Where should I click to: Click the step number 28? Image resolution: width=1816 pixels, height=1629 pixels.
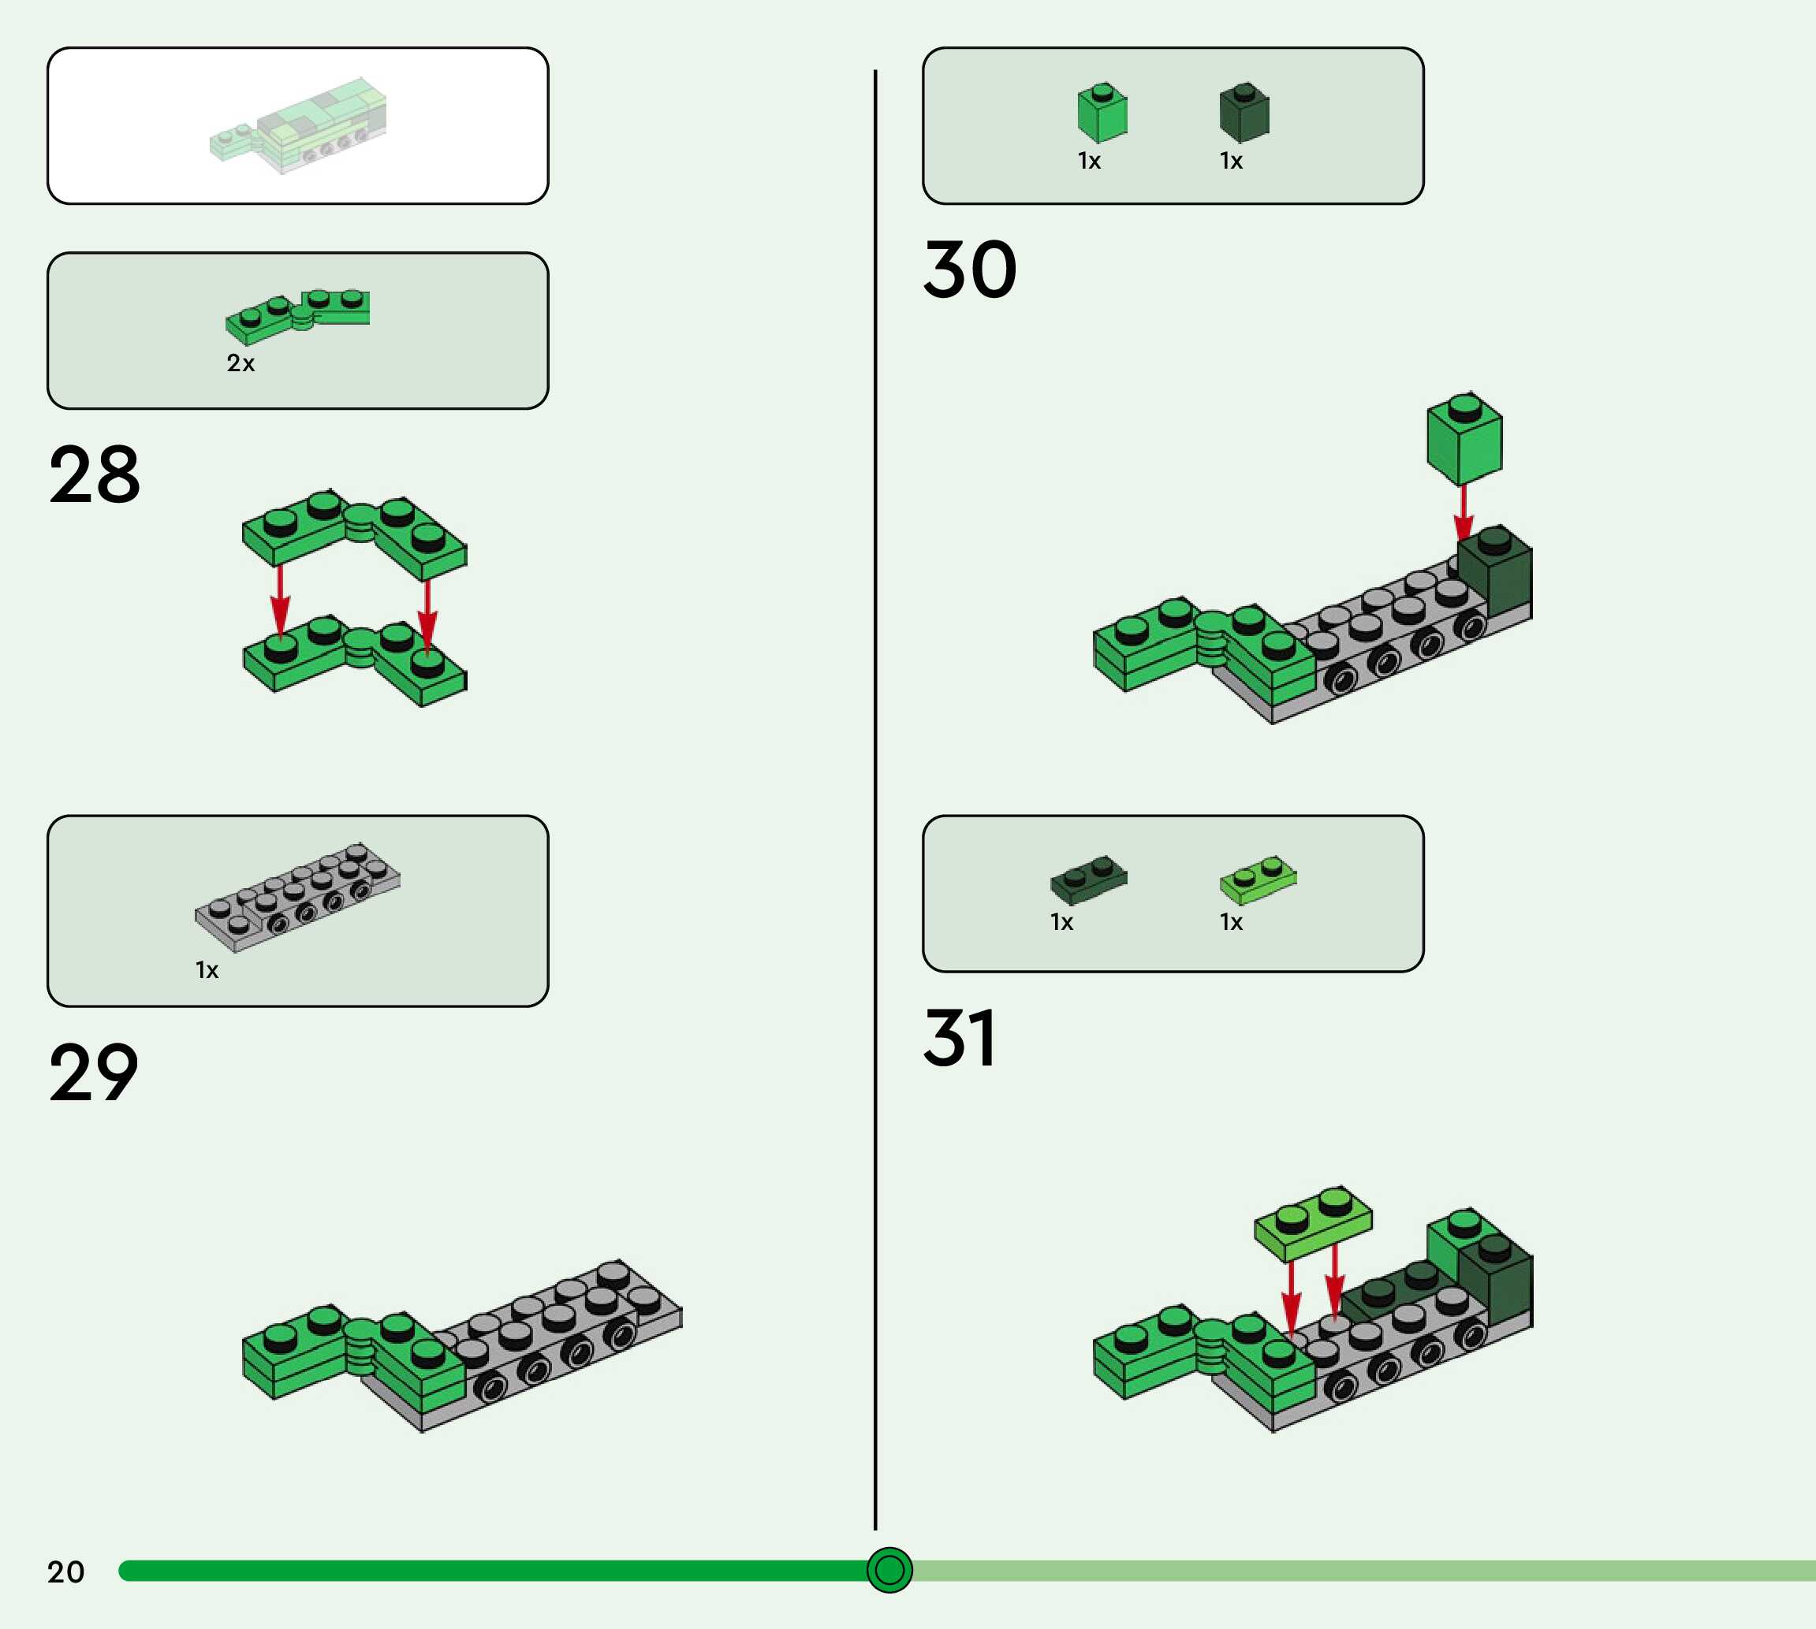coord(95,474)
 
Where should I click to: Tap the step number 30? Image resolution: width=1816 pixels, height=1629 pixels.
coord(970,270)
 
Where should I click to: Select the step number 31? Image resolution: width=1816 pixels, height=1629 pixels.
coord(959,1038)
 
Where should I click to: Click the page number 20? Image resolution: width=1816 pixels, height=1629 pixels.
coord(65,1571)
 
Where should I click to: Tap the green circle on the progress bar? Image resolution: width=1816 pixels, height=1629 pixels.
coord(889,1570)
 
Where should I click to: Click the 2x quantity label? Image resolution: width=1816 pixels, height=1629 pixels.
coord(240,363)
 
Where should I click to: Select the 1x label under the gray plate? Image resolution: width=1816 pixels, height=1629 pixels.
coord(207,970)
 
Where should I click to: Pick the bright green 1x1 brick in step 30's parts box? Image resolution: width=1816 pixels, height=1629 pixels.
coord(1102,113)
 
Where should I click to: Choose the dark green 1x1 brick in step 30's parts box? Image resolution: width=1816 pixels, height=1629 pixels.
coord(1244,113)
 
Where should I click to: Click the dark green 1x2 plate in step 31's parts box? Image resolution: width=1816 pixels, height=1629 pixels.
coord(1088,880)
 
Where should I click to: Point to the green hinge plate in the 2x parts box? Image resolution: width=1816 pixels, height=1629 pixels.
coord(297,315)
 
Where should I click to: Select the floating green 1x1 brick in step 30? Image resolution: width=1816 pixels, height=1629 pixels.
coord(1464,438)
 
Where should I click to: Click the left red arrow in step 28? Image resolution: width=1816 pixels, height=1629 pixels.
coord(280,600)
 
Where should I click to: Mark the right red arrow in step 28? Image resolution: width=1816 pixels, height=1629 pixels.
coord(427,613)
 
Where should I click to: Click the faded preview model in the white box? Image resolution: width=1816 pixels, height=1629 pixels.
coord(299,125)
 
